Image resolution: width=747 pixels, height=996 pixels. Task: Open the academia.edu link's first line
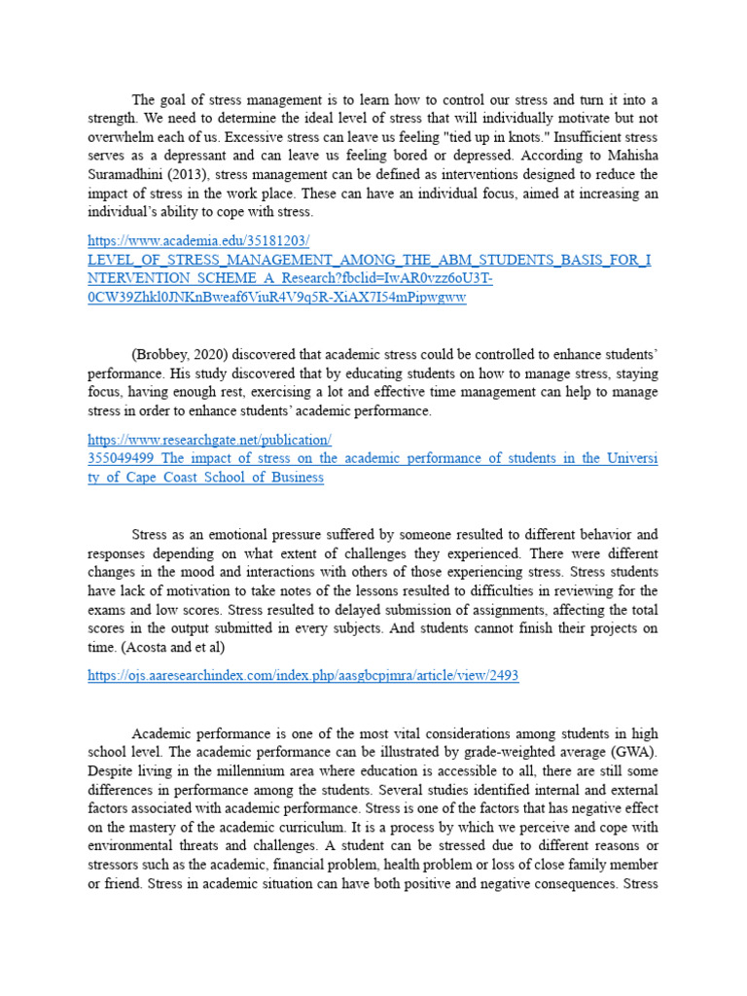click(197, 241)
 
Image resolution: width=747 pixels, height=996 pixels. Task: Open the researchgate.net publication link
click(209, 440)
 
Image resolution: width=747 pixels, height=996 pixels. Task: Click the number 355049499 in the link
click(121, 458)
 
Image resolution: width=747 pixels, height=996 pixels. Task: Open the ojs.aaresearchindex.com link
click(302, 676)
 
